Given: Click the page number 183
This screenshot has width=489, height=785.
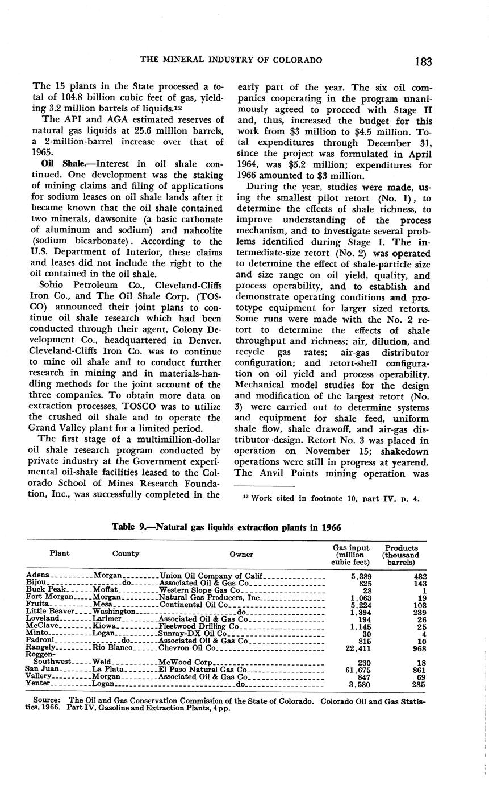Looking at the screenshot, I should point(424,61).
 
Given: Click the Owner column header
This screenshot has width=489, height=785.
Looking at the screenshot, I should point(241,554).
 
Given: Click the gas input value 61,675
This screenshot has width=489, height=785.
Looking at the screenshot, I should point(357,669).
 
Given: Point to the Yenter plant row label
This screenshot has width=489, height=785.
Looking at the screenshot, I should point(39,684).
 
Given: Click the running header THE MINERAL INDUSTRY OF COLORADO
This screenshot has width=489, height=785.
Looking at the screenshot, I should point(231,60).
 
